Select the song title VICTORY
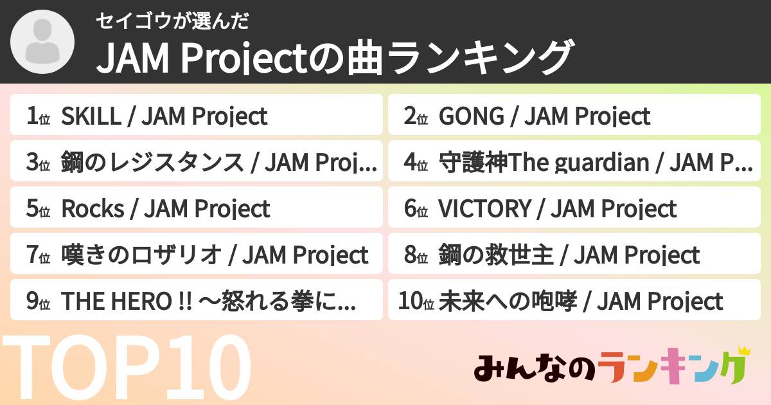484,209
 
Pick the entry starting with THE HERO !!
208,301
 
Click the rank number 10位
416,301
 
